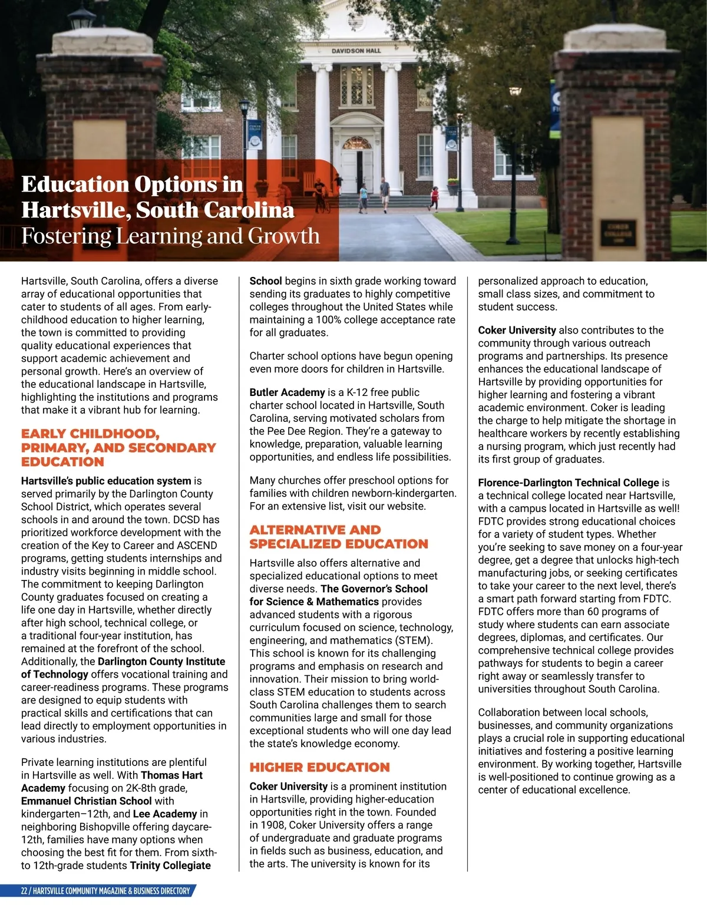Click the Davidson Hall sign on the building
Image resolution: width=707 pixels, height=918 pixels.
click(356, 51)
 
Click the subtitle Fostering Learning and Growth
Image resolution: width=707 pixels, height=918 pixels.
click(170, 236)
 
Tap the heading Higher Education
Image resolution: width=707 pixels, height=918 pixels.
click(319, 767)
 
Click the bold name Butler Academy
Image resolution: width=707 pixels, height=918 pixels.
click(287, 392)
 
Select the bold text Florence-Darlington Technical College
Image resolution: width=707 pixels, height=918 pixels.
click(568, 483)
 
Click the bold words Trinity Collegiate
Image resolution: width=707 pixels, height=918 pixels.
click(170, 866)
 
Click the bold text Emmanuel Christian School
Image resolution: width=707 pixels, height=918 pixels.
click(87, 801)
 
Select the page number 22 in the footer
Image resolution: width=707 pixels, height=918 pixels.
click(24, 891)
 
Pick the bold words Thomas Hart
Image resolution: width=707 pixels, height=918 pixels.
click(171, 775)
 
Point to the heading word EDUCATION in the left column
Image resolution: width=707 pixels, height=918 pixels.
click(62, 462)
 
